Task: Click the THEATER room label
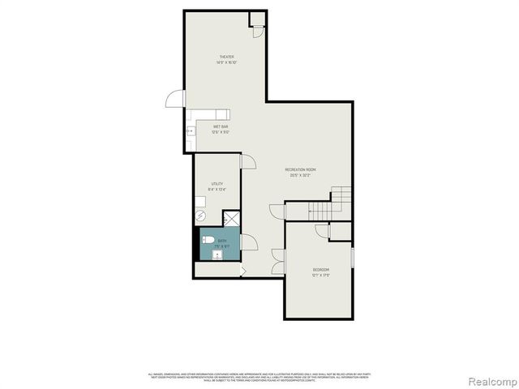point(225,57)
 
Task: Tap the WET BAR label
point(220,126)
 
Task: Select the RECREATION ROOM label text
point(300,169)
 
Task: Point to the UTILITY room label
point(217,184)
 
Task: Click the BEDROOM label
point(322,269)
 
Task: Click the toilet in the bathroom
point(208,241)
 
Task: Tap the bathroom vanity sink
point(217,254)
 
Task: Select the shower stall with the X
point(232,219)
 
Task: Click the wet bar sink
point(191,130)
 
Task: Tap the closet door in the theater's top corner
point(256,29)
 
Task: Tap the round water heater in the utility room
point(200,216)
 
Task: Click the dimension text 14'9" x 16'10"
point(225,62)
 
